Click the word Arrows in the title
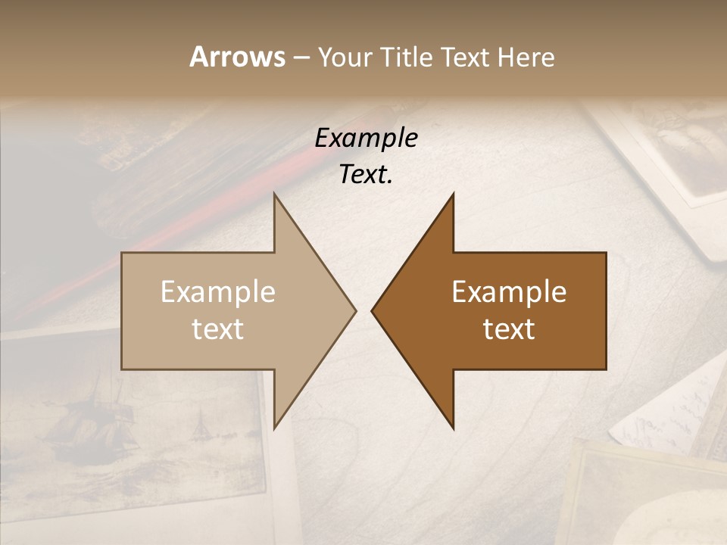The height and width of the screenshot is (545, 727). tap(237, 57)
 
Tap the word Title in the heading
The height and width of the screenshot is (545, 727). tap(407, 58)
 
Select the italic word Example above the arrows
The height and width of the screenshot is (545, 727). tap(366, 139)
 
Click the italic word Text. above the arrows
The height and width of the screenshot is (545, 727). tap(366, 175)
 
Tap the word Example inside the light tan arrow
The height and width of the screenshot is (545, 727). tap(217, 292)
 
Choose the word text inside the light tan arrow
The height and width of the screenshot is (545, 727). tap(217, 329)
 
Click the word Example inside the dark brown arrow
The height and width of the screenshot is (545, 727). tap(509, 292)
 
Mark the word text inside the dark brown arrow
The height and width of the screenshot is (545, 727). tap(509, 329)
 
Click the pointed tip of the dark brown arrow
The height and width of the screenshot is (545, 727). tap(373, 310)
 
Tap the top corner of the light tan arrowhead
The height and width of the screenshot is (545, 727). tap(274, 194)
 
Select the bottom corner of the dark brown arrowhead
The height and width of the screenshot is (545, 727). tap(453, 428)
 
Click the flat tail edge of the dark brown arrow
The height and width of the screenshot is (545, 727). tap(605, 310)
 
